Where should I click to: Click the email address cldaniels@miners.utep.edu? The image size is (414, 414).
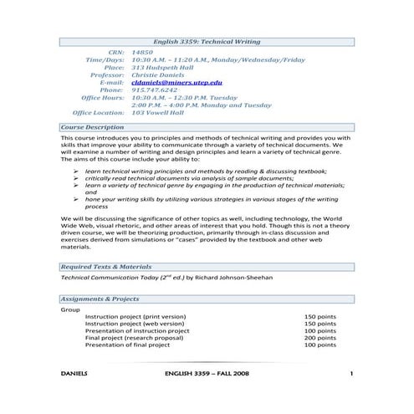click(x=177, y=82)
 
